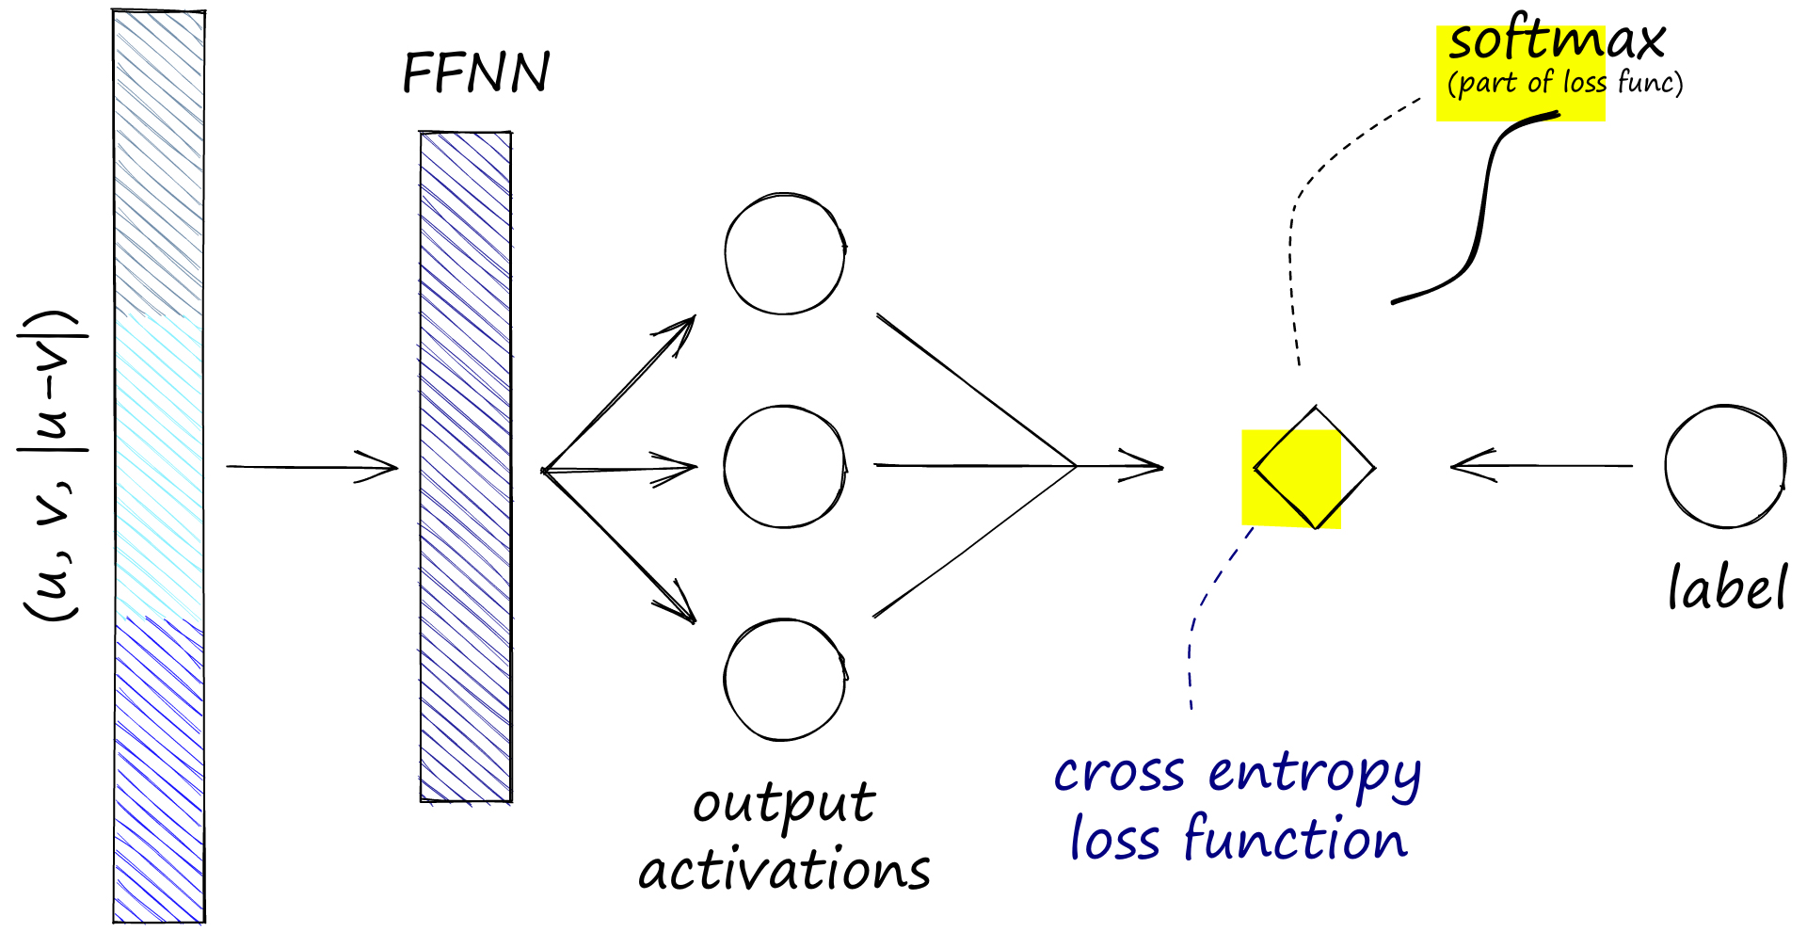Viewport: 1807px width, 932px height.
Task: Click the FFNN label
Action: pyautogui.click(x=475, y=72)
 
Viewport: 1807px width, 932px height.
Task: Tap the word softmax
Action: pyautogui.click(x=1557, y=41)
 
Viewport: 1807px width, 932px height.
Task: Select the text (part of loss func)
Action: pyautogui.click(x=1565, y=84)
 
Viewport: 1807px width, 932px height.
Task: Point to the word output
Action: pyautogui.click(x=784, y=806)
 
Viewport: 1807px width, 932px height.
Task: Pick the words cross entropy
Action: pyautogui.click(x=1237, y=774)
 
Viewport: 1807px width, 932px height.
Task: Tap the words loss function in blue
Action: pyautogui.click(x=1239, y=839)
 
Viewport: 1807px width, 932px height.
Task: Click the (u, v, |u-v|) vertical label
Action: pyautogui.click(x=53, y=465)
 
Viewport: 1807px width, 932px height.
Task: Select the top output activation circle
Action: pyautogui.click(x=785, y=254)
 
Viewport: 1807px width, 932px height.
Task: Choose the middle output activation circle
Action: pyautogui.click(x=785, y=467)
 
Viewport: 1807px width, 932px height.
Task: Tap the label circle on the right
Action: pyautogui.click(x=1725, y=467)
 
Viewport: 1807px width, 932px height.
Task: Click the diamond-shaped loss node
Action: pyautogui.click(x=1314, y=468)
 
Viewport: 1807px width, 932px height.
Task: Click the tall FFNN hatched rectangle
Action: pyautogui.click(x=466, y=467)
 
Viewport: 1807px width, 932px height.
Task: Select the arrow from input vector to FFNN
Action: pyautogui.click(x=311, y=467)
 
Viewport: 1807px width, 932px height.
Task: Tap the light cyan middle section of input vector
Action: pyautogui.click(x=158, y=465)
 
